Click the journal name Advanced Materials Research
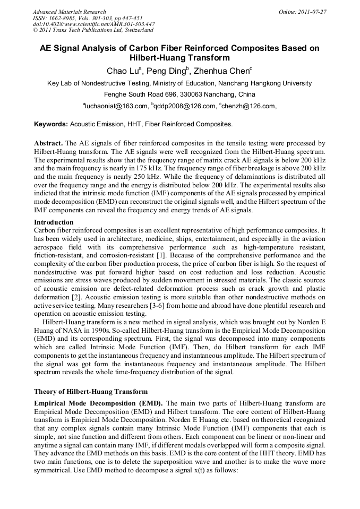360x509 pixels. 69,12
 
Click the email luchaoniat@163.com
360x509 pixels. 115,106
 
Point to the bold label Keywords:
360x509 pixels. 51,124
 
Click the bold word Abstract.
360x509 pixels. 48,144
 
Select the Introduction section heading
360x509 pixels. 54,222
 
